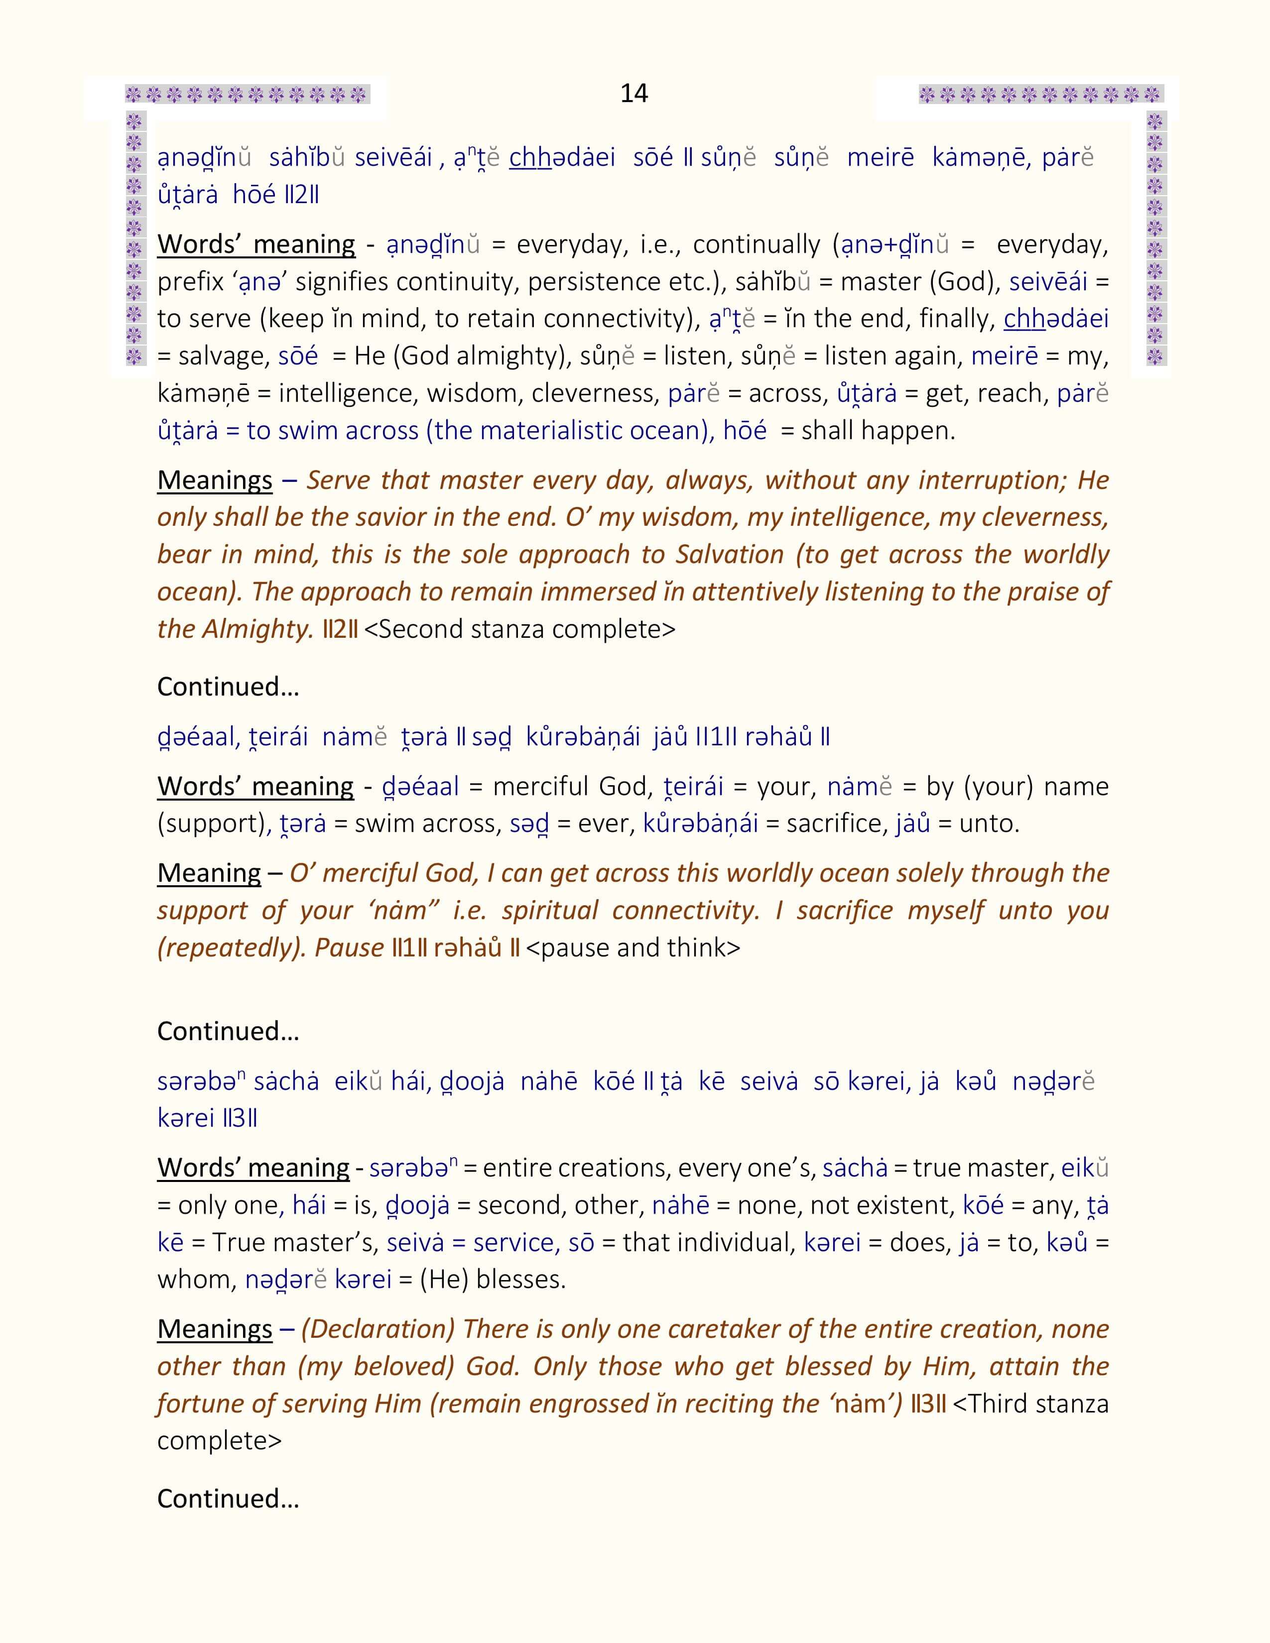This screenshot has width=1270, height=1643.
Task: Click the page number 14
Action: [x=634, y=93]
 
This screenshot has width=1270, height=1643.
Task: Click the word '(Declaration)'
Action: [x=378, y=1329]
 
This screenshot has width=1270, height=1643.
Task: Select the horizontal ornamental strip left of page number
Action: [x=247, y=95]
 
